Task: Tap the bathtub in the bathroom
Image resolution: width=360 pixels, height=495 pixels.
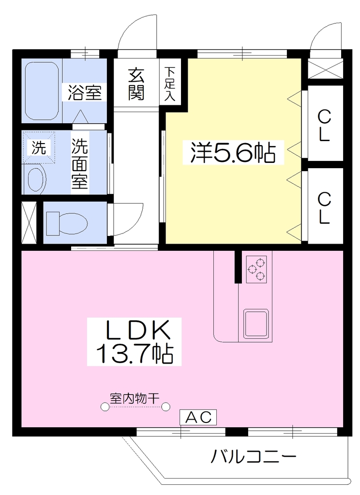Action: [x=42, y=90]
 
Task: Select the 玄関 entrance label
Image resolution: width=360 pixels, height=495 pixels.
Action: [x=136, y=84]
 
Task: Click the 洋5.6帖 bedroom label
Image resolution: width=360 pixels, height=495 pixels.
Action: [x=233, y=153]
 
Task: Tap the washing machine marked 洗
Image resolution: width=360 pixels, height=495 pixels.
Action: [x=39, y=148]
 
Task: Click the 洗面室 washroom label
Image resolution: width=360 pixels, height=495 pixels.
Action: [x=80, y=164]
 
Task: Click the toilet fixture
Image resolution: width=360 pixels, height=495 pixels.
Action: [x=67, y=223]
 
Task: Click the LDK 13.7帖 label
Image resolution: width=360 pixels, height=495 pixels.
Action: [x=135, y=342]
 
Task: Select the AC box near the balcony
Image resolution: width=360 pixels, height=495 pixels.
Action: [x=198, y=417]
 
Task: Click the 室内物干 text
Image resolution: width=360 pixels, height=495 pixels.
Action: [x=135, y=398]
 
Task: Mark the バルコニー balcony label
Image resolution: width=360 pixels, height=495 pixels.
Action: [x=253, y=456]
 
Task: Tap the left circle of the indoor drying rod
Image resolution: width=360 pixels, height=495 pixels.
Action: [x=105, y=407]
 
